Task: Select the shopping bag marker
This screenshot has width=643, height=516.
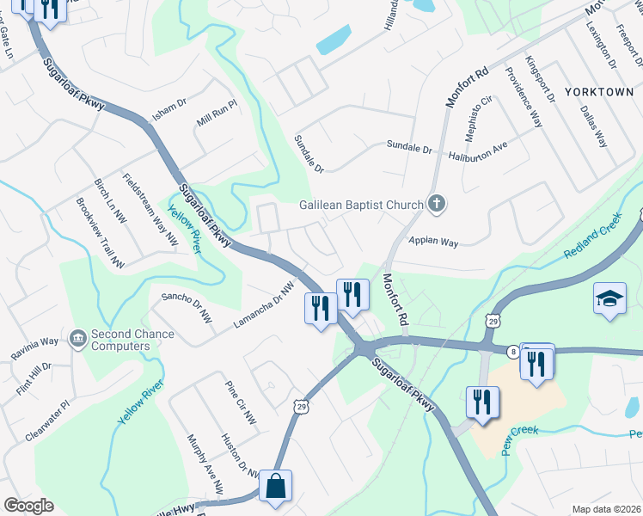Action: coord(276,486)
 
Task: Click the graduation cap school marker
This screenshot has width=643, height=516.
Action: coord(609,299)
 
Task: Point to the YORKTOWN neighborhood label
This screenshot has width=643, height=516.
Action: coord(598,91)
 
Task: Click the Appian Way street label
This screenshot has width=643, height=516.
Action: coord(433,242)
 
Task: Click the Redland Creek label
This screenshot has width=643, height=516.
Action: coord(592,243)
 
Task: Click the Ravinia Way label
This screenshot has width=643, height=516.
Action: coord(34,347)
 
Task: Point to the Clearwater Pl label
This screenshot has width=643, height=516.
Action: coord(46,421)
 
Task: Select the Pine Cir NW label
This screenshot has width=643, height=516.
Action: coord(240,402)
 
